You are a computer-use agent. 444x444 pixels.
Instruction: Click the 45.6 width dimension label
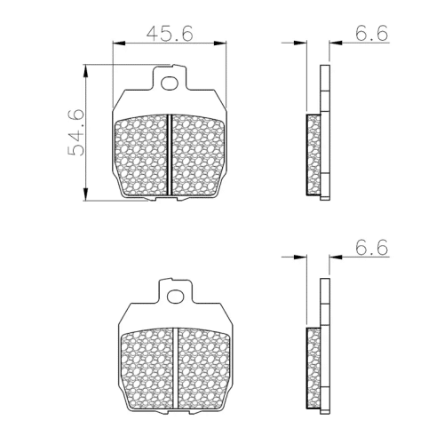(x=170, y=33)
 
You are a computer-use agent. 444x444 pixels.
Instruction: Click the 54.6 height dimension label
(x=76, y=132)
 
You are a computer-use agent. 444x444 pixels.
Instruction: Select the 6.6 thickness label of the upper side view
(x=371, y=33)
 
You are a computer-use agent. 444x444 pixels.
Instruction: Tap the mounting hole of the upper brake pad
(x=170, y=83)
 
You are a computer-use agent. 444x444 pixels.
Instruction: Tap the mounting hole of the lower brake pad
(x=176, y=297)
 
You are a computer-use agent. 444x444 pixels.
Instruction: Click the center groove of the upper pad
(x=170, y=155)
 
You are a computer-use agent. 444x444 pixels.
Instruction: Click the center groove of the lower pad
(x=176, y=369)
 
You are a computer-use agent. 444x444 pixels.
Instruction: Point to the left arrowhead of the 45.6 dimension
(x=119, y=44)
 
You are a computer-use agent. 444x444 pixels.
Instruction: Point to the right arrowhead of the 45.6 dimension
(x=220, y=44)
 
